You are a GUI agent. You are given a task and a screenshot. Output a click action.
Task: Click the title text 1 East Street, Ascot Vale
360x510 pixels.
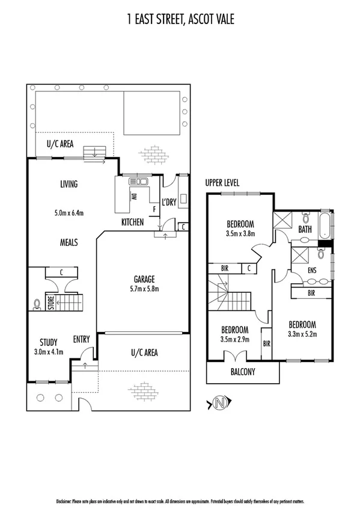(x=180, y=20)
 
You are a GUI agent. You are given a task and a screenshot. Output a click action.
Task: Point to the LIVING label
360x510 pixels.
(x=69, y=184)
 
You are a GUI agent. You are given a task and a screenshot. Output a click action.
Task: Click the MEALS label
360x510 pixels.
(x=69, y=242)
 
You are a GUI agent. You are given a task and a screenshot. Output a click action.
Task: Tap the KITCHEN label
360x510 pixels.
(x=132, y=223)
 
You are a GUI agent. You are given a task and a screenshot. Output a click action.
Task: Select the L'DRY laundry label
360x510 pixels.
(x=169, y=203)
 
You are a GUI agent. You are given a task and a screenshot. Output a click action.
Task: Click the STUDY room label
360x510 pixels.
(x=49, y=342)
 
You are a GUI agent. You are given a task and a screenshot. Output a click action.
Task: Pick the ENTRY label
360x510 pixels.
(x=81, y=339)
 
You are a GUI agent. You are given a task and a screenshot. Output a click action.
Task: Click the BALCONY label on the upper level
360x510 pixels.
(x=242, y=372)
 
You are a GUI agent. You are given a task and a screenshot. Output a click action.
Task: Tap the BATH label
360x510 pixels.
(x=305, y=229)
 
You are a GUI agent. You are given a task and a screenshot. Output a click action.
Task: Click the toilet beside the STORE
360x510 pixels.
(x=38, y=303)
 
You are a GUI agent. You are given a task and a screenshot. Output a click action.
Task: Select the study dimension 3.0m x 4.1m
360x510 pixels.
(x=49, y=352)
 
